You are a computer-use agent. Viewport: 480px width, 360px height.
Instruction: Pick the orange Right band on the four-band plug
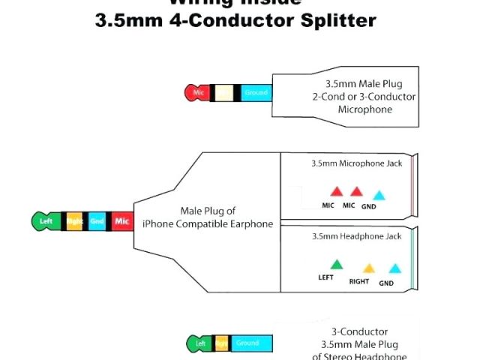pos(74,221)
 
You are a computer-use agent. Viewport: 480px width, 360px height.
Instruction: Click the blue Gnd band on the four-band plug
pos(97,221)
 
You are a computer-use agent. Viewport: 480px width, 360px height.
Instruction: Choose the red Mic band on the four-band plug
pos(122,221)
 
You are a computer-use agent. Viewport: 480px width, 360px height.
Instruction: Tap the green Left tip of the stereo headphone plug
pos(199,343)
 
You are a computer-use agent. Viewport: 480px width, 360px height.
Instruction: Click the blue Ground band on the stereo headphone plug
pos(247,343)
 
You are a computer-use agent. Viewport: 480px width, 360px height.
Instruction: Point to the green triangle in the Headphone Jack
pos(337,264)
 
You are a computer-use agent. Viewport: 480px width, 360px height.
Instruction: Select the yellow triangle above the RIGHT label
pos(368,268)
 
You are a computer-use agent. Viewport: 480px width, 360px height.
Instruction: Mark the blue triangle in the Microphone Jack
pos(379,195)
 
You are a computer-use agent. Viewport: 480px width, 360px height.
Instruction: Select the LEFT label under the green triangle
pos(325,277)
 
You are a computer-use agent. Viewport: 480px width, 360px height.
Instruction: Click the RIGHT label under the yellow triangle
pos(360,282)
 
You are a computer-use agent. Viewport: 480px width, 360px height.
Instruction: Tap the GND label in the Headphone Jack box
pos(386,283)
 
